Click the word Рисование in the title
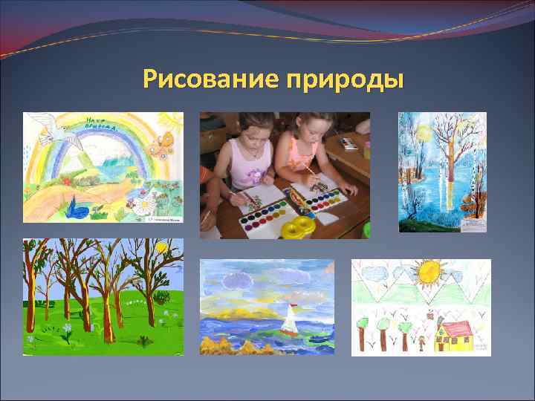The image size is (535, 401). tap(211, 78)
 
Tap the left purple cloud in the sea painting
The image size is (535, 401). tap(237, 280)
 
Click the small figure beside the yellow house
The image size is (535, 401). tap(421, 342)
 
